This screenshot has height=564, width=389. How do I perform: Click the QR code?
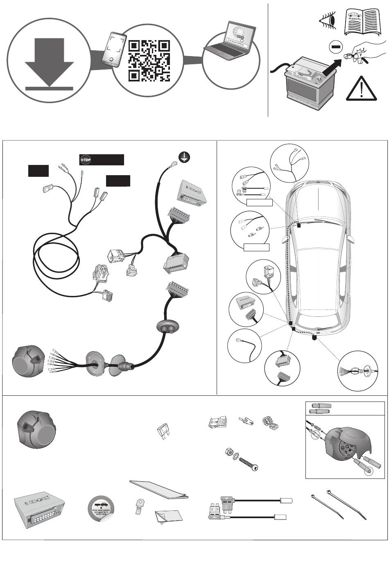pyautogui.click(x=149, y=61)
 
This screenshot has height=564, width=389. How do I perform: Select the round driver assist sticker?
pyautogui.click(x=102, y=508)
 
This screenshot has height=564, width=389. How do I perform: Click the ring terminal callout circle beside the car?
pyautogui.click(x=244, y=345)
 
